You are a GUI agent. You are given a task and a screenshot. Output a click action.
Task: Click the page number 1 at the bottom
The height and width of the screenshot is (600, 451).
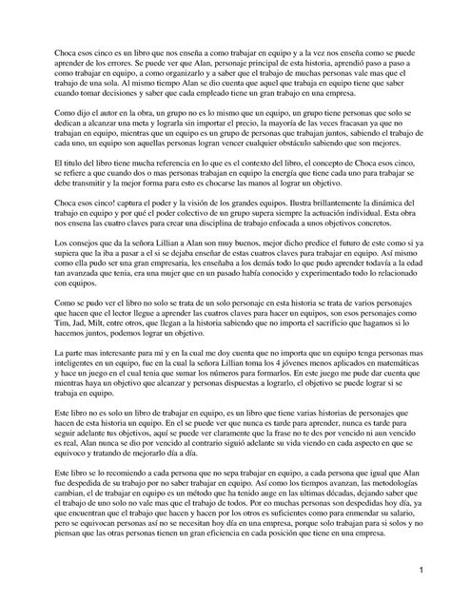coord(420,571)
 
